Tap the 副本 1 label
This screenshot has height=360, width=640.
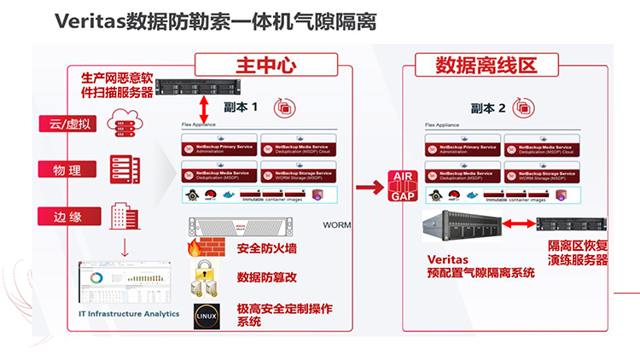[x=241, y=108]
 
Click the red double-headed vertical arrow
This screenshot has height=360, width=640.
[x=204, y=108]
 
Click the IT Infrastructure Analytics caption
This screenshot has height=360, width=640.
[x=123, y=314]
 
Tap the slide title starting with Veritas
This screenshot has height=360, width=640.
[x=215, y=19]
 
